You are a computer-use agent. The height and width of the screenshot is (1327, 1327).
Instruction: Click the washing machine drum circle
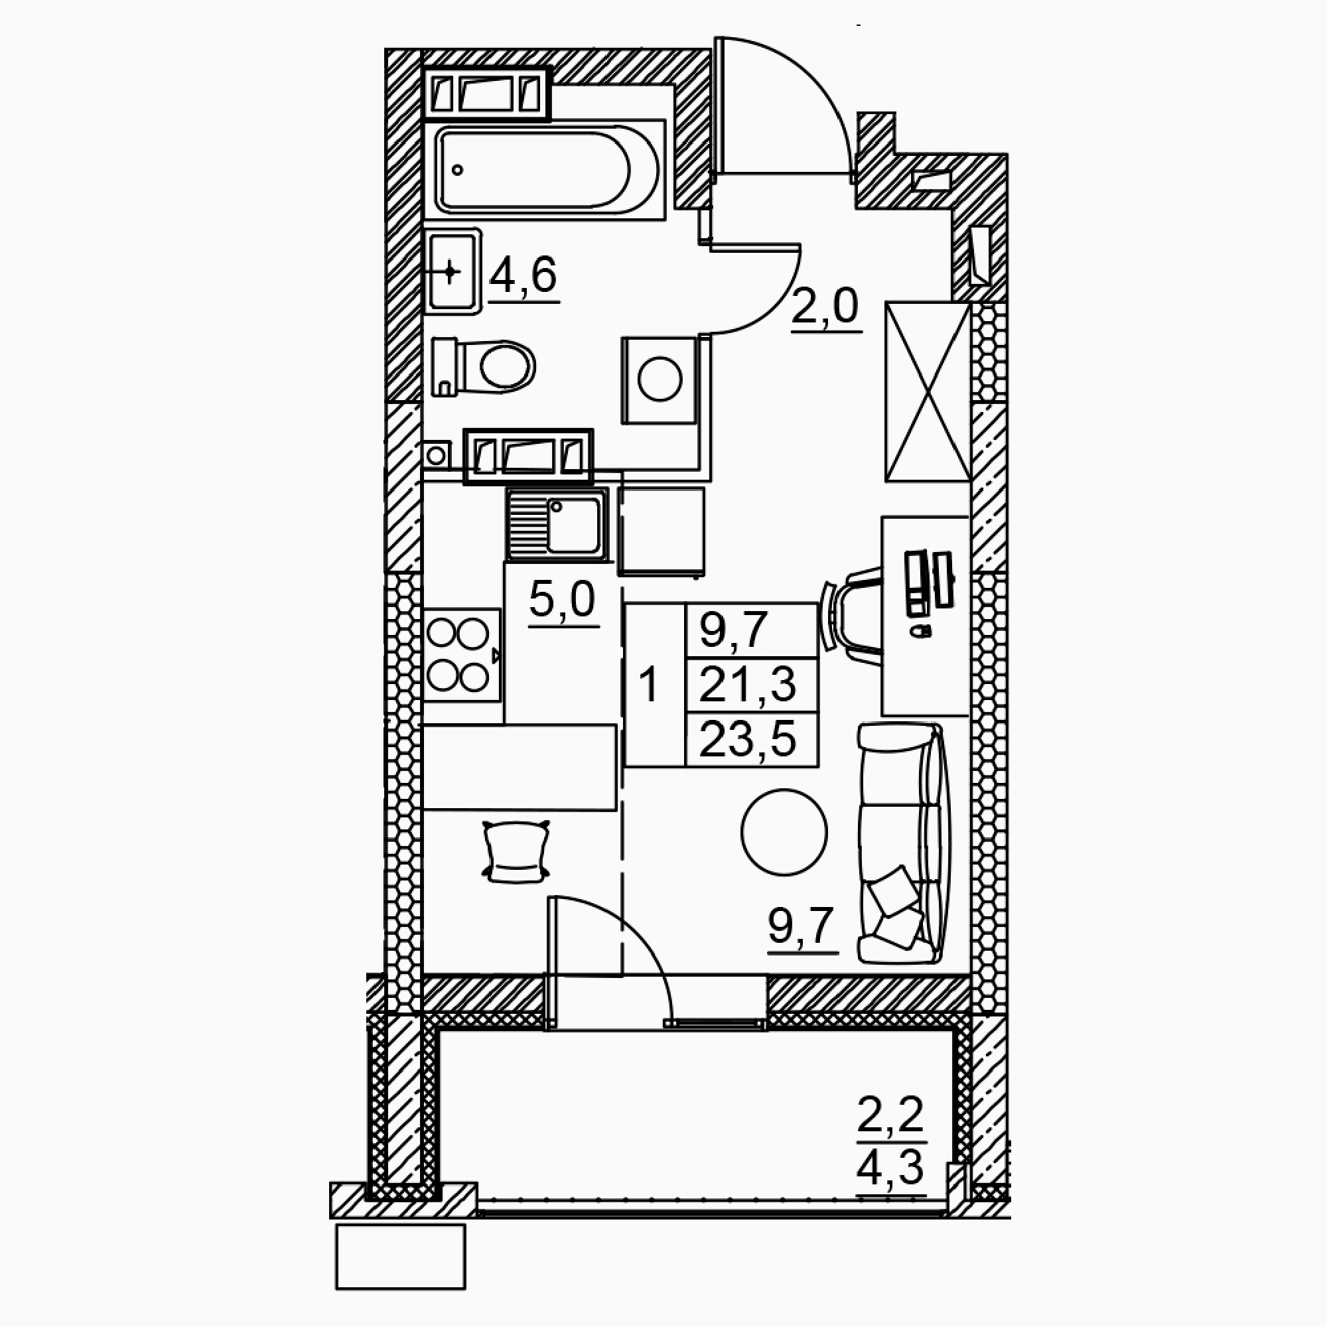click(660, 379)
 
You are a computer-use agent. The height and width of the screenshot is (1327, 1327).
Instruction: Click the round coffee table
click(784, 832)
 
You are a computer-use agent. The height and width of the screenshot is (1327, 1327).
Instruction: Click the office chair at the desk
click(852, 615)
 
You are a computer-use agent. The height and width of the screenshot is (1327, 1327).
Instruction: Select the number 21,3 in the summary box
click(748, 685)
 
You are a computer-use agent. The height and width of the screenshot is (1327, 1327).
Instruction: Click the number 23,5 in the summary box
click(748, 740)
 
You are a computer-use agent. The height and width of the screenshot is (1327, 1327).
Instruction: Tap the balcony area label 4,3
click(890, 1168)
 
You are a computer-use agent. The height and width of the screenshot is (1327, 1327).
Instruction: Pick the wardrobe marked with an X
click(928, 391)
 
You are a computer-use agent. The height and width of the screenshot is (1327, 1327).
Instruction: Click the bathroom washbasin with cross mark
click(451, 272)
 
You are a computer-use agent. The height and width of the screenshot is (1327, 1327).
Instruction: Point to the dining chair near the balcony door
click(516, 852)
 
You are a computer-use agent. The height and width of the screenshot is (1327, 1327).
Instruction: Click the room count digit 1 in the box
click(648, 685)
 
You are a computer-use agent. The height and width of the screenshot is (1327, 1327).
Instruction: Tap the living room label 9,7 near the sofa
click(801, 926)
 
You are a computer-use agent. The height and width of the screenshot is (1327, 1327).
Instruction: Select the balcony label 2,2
click(890, 1114)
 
